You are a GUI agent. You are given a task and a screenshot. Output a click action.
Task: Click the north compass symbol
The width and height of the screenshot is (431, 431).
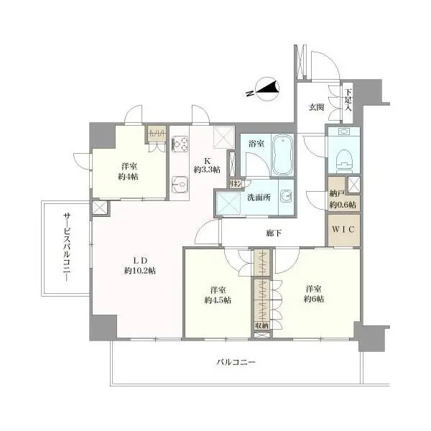tap(267, 89)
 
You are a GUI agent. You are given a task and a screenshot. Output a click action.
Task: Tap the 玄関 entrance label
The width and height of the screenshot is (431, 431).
tap(316, 108)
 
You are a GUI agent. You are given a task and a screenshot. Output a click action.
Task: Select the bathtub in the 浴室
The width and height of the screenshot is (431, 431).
tap(282, 154)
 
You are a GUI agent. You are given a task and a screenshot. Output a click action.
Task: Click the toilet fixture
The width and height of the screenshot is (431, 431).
tap(343, 160)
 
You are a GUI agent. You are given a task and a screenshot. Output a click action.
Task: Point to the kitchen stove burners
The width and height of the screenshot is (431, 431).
tap(180, 144)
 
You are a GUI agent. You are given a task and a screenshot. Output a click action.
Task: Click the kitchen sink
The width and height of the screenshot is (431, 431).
tap(180, 184)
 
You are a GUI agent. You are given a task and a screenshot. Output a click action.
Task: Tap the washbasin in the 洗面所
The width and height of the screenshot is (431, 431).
tap(286, 196)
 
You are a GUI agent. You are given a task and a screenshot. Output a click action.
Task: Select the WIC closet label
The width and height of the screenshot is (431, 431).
tap(343, 230)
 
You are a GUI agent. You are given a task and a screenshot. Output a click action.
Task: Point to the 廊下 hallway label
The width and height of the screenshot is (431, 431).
tap(274, 233)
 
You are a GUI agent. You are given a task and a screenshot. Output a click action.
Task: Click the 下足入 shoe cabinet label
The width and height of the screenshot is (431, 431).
tap(348, 100)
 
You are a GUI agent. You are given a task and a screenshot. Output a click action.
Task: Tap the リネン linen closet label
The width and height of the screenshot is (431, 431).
tap(236, 184)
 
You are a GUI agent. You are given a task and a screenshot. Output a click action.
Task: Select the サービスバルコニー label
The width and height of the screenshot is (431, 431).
tap(67, 247)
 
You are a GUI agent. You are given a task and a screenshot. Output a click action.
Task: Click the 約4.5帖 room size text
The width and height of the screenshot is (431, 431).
tap(218, 300)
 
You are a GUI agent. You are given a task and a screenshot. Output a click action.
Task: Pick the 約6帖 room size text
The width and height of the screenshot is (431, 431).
tap(314, 299)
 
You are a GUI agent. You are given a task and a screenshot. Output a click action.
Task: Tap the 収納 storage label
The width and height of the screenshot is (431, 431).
tap(261, 326)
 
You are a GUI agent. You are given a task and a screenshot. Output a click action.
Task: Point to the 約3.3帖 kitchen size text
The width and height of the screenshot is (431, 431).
tap(207, 170)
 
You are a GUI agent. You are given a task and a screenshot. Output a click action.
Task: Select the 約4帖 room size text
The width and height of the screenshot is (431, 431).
tap(128, 177)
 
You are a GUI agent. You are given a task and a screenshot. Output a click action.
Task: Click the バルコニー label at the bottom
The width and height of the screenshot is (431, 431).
tap(236, 362)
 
